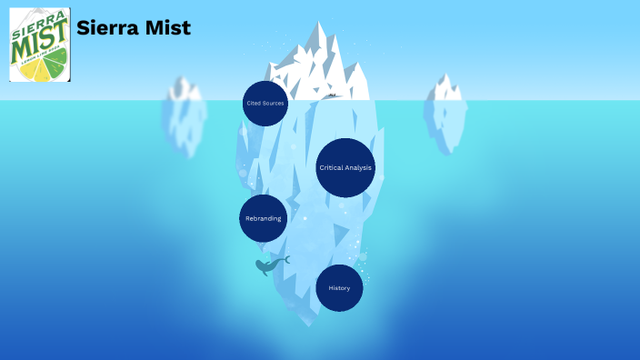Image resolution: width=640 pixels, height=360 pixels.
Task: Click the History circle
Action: point(339,288)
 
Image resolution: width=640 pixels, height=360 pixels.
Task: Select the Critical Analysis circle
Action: point(345,167)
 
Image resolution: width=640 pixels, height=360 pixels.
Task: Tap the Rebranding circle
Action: point(264,218)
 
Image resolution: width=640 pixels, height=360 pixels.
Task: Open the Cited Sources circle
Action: point(265,104)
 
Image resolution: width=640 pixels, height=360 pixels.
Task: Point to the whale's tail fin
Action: point(285,260)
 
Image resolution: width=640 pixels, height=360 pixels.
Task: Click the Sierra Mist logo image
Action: point(40,45)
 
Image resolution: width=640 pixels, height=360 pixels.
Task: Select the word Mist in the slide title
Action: point(169,28)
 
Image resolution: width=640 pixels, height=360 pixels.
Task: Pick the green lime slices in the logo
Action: point(56,62)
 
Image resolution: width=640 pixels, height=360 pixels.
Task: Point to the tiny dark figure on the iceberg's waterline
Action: point(333,95)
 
